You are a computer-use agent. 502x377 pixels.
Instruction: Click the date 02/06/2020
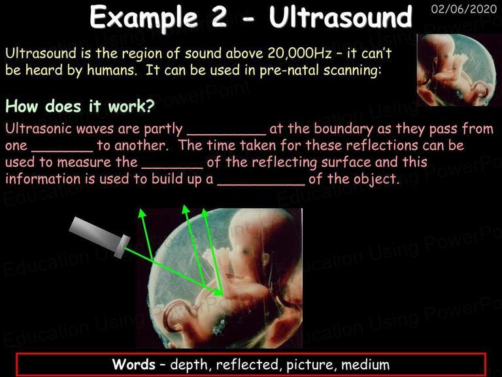tap(464, 9)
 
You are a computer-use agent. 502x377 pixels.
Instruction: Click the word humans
tap(112, 70)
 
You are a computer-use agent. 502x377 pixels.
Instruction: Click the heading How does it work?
tap(80, 106)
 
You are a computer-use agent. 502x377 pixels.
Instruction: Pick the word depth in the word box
tap(188, 365)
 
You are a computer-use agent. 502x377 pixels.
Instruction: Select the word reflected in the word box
tap(247, 365)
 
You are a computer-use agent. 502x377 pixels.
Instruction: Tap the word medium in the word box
tap(365, 365)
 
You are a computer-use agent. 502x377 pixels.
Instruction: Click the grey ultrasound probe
tap(99, 237)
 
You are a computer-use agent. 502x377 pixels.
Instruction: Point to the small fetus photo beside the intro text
tap(459, 70)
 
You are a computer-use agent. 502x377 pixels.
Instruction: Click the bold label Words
tap(134, 365)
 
